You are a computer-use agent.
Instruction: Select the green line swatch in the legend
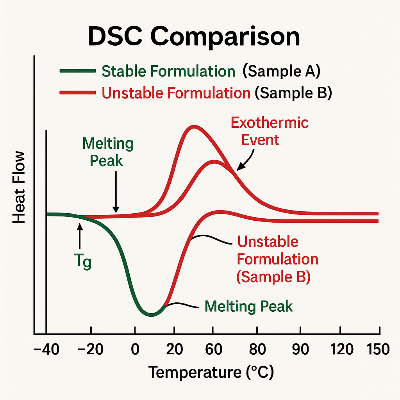coord(77,71)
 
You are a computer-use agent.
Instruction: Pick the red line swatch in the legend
coord(77,93)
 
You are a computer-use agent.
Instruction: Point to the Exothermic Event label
coord(270,131)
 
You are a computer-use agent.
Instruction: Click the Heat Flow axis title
coord(19,187)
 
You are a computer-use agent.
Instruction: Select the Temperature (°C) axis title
coord(211,372)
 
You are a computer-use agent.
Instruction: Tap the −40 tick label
coord(46,349)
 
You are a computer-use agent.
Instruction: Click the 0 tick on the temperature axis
coord(135,349)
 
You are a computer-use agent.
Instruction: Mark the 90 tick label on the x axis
coord(300,349)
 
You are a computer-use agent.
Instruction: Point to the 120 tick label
coord(341,349)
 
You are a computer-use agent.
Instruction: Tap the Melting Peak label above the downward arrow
coord(108,152)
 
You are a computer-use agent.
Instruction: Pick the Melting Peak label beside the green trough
coord(248,306)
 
